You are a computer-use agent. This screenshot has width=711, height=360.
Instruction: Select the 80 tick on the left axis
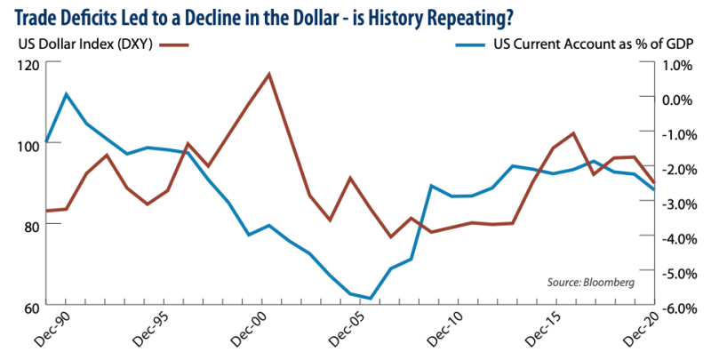tap(30, 226)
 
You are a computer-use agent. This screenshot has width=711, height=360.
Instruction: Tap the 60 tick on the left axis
tap(30, 308)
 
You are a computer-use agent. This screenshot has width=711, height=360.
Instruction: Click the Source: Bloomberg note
tap(590, 282)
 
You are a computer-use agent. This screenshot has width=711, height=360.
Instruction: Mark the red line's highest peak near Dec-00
tap(268, 74)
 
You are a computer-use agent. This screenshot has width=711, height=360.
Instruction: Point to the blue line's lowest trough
tap(370, 299)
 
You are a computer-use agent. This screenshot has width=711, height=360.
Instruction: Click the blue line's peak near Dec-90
tap(66, 93)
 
